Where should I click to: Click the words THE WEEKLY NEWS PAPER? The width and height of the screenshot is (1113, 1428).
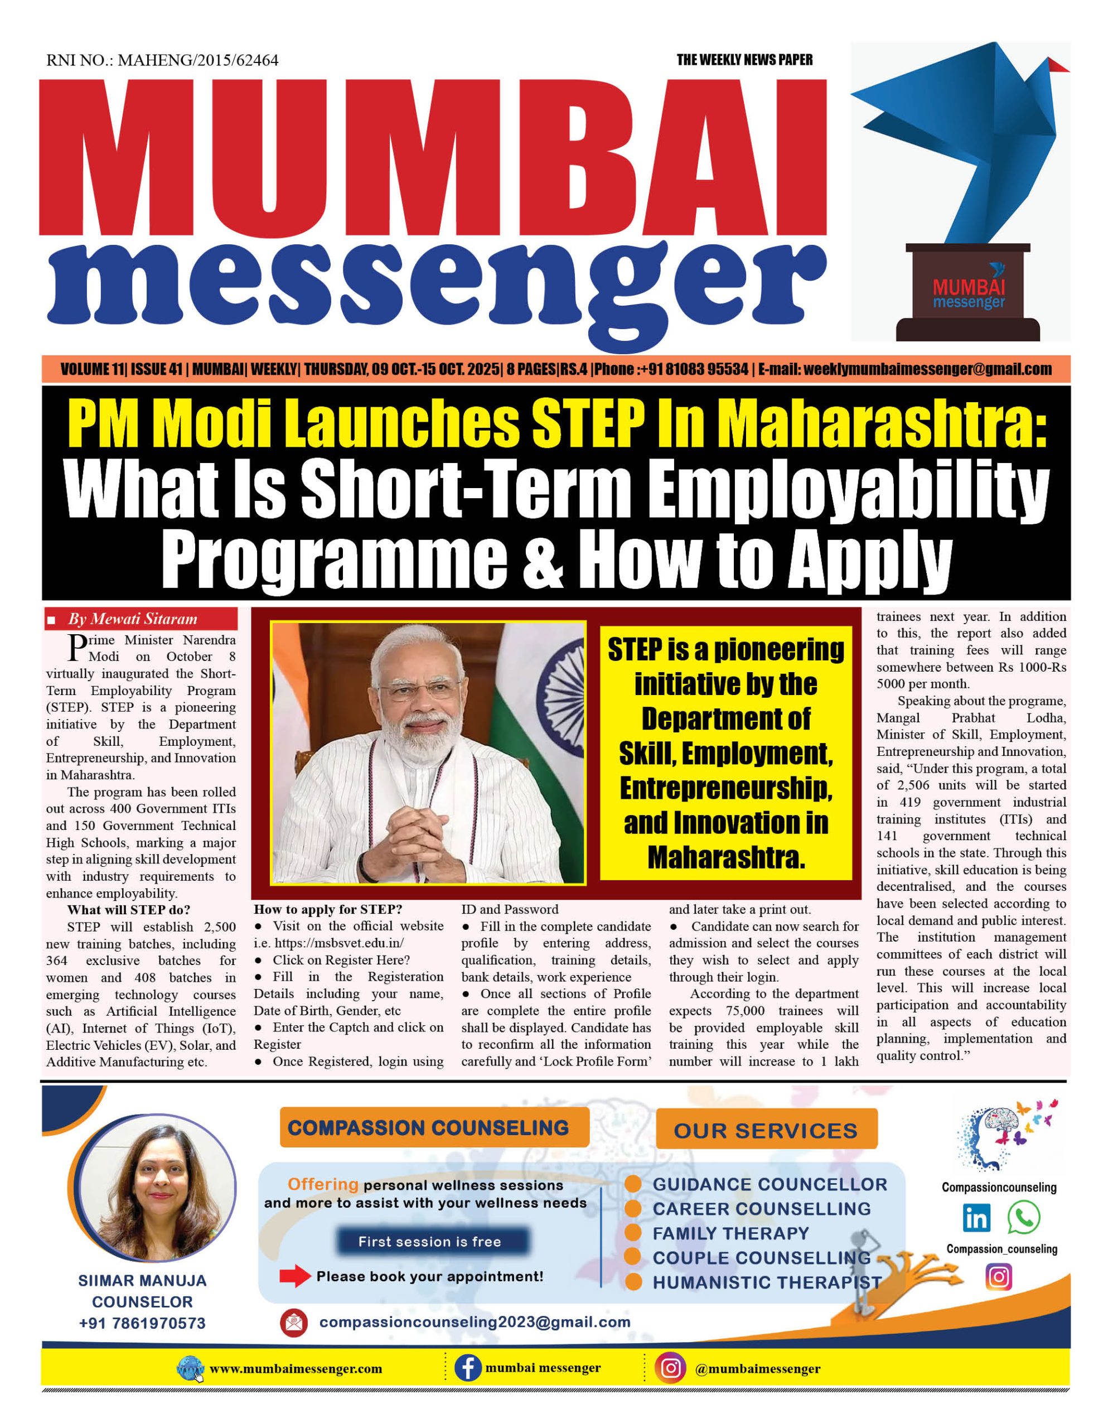(744, 60)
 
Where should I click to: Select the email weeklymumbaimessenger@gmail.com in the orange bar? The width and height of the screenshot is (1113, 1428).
(927, 369)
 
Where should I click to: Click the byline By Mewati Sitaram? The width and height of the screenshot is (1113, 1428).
(132, 619)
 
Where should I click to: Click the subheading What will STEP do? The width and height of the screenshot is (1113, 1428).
(129, 909)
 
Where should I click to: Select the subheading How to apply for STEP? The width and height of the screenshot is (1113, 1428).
(328, 909)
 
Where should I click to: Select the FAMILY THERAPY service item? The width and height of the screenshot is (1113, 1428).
(730, 1233)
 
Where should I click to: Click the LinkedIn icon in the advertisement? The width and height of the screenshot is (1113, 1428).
(976, 1218)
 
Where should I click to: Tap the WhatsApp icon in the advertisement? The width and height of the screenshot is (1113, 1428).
(1023, 1218)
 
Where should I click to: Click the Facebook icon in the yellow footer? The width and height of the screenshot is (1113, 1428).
(468, 1368)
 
